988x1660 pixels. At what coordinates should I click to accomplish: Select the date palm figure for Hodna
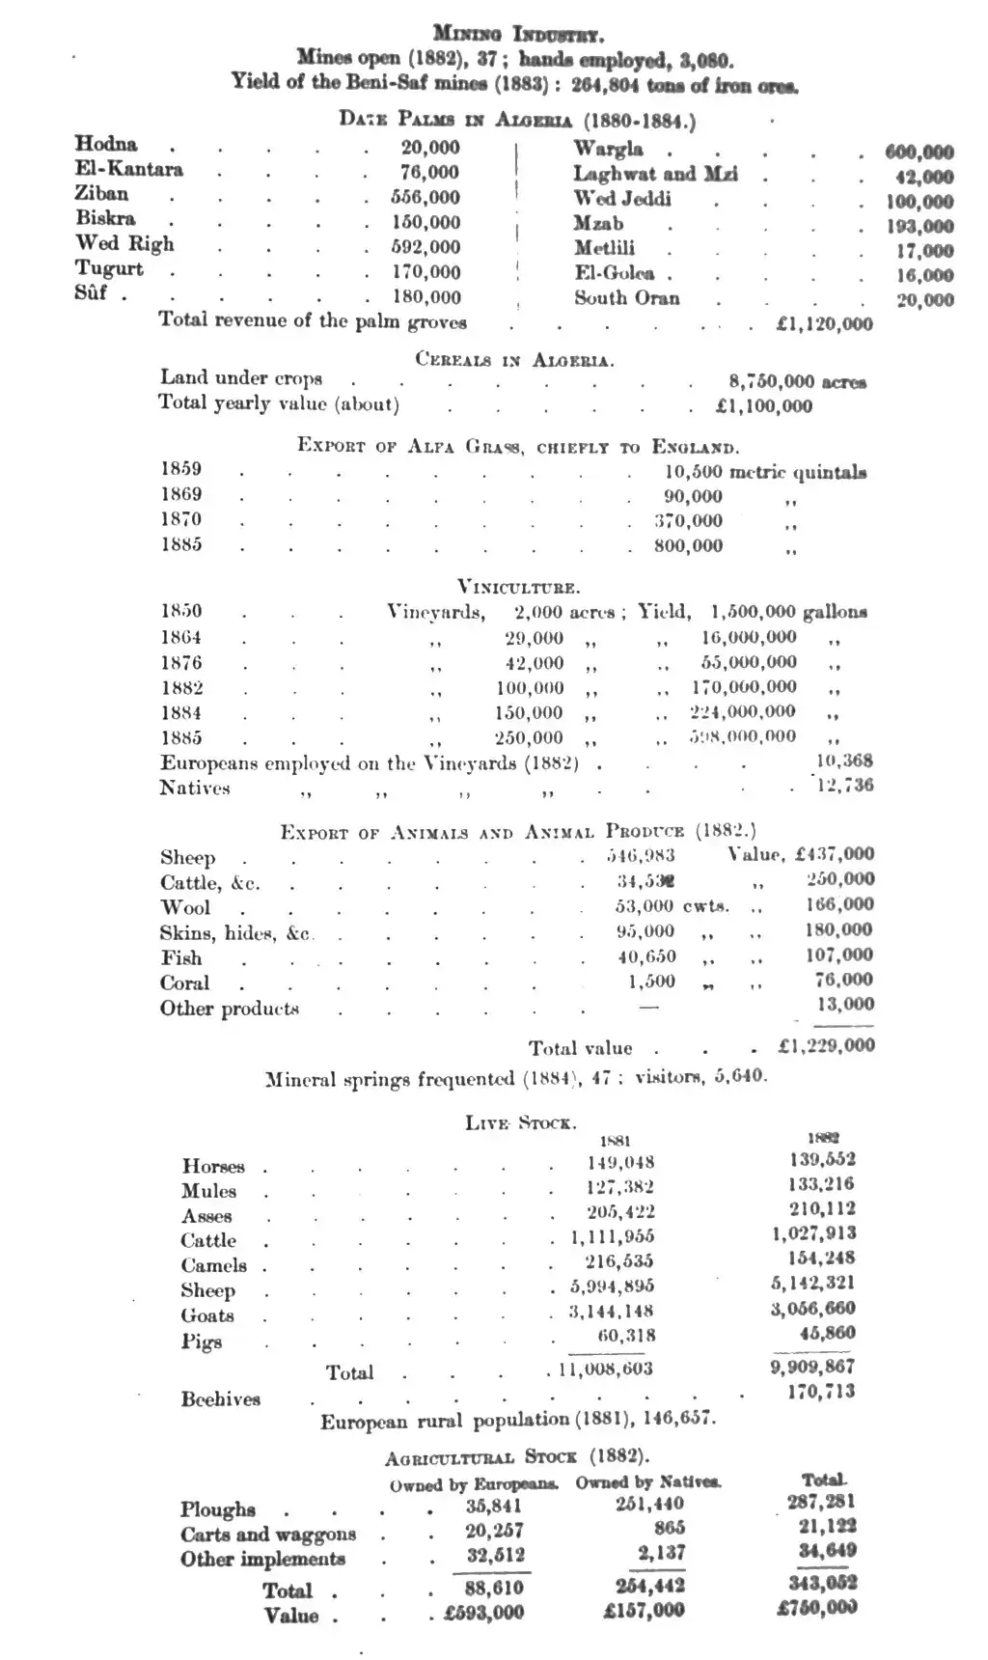[x=430, y=148]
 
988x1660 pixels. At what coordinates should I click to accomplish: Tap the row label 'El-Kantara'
[x=128, y=170]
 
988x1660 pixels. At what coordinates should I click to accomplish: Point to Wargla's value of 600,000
[x=919, y=152]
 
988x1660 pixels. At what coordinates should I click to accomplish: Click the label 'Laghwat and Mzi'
[x=655, y=175]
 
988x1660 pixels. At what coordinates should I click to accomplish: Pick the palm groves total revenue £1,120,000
[x=824, y=325]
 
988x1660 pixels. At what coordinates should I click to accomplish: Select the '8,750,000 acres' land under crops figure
[x=797, y=382]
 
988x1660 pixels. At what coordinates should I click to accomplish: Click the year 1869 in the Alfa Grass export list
[x=181, y=495]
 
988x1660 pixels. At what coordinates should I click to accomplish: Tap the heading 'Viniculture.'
[x=518, y=586]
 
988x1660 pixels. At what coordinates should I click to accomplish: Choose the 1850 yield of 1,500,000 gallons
[x=788, y=612]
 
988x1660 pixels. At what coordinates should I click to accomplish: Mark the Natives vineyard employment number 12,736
[x=844, y=786]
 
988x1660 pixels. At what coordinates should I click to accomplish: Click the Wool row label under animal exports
[x=185, y=908]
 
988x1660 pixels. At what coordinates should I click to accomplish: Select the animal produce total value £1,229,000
[x=826, y=1046]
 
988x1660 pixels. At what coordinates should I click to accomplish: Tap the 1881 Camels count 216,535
[x=619, y=1261]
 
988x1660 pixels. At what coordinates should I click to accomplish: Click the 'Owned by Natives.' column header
[x=648, y=1482]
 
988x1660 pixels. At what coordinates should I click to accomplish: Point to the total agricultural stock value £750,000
[x=816, y=1608]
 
